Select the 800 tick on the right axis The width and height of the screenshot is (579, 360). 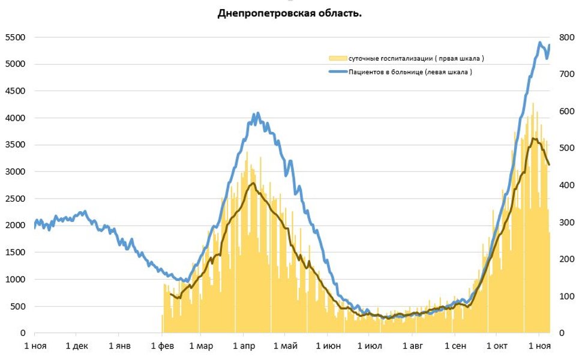pyautogui.click(x=566, y=37)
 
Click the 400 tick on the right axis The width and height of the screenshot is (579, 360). pyautogui.click(x=566, y=185)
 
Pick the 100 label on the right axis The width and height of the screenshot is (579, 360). pyautogui.click(x=566, y=296)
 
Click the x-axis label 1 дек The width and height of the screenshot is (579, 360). pyautogui.click(x=76, y=346)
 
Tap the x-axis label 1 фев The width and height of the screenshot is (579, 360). pyautogui.click(x=161, y=346)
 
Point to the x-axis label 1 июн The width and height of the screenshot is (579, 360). pyautogui.click(x=328, y=346)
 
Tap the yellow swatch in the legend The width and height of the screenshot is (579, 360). pyautogui.click(x=337, y=58)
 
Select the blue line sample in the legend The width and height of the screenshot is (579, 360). pyautogui.click(x=337, y=72)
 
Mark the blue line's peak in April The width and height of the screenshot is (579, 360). pyautogui.click(x=257, y=113)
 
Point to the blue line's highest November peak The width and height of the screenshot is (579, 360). pyautogui.click(x=540, y=43)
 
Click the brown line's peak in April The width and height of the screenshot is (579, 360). pyautogui.click(x=253, y=183)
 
